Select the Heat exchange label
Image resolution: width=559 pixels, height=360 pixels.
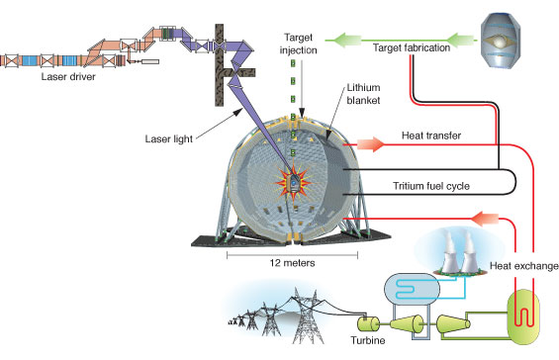(522, 265)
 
